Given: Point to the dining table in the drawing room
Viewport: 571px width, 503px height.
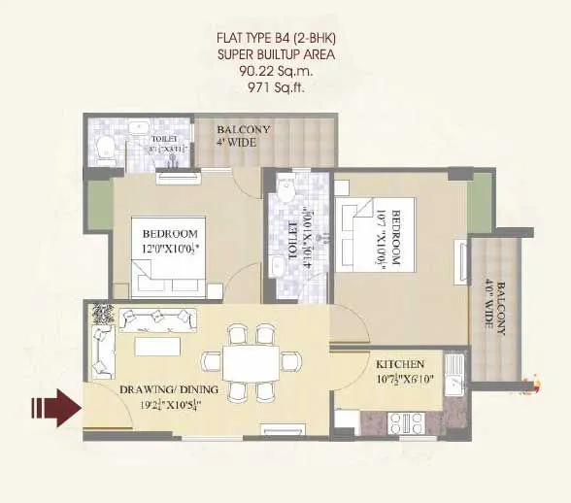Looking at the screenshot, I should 250,363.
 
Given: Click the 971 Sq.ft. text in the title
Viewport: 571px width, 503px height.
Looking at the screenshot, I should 285,88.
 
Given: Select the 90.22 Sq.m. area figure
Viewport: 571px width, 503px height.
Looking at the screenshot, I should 285,72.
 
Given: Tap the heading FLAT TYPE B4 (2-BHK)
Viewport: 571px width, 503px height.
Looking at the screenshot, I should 285,39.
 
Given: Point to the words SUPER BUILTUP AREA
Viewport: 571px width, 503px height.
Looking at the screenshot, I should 285,55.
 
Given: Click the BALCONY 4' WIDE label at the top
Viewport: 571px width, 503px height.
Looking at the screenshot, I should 244,135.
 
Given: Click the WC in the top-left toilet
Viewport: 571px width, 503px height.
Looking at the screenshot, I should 105,148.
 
